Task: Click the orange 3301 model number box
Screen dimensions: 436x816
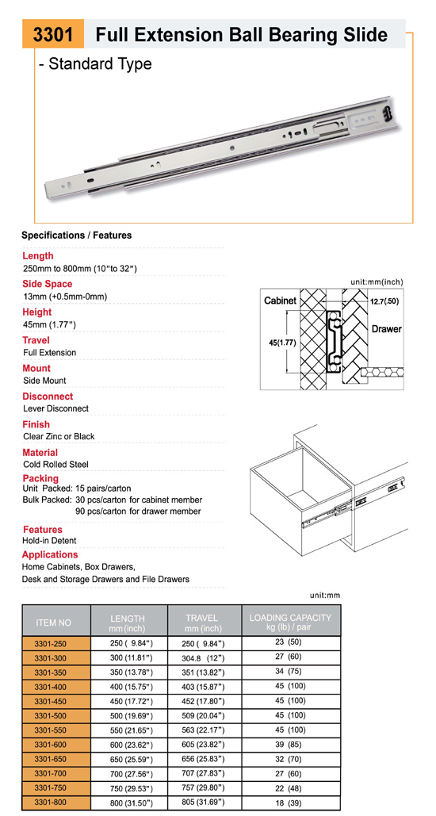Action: point(53,34)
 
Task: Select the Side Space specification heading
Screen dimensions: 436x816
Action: point(48,284)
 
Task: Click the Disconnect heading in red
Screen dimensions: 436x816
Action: point(48,397)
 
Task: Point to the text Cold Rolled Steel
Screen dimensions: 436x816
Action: point(56,464)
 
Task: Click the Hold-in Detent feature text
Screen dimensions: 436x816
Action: point(50,541)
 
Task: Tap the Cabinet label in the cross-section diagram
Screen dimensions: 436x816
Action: point(280,301)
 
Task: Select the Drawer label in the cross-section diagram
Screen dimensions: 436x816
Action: point(387,329)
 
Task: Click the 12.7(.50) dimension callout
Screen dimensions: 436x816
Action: point(384,301)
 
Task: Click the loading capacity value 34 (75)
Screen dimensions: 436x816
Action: point(289,672)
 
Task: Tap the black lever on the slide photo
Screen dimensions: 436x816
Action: point(387,112)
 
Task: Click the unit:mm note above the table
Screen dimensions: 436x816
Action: point(325,596)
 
